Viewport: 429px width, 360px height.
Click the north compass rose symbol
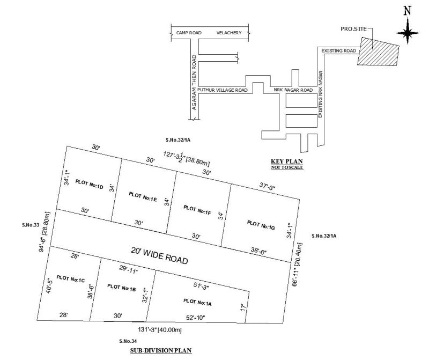pos(409,32)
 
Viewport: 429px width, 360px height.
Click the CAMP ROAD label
pos(189,33)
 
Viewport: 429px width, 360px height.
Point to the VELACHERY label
pos(229,33)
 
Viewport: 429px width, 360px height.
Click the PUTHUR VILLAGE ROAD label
pos(223,90)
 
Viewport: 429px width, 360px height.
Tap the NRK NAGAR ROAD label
pos(293,90)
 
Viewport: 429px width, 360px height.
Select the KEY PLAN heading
pos(284,161)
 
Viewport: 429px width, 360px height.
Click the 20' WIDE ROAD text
pos(159,255)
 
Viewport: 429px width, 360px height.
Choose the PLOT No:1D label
pos(90,183)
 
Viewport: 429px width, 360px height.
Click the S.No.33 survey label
pos(31,225)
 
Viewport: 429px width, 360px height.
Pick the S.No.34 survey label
pos(128,341)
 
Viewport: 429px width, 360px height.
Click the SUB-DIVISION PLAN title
pos(160,350)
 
